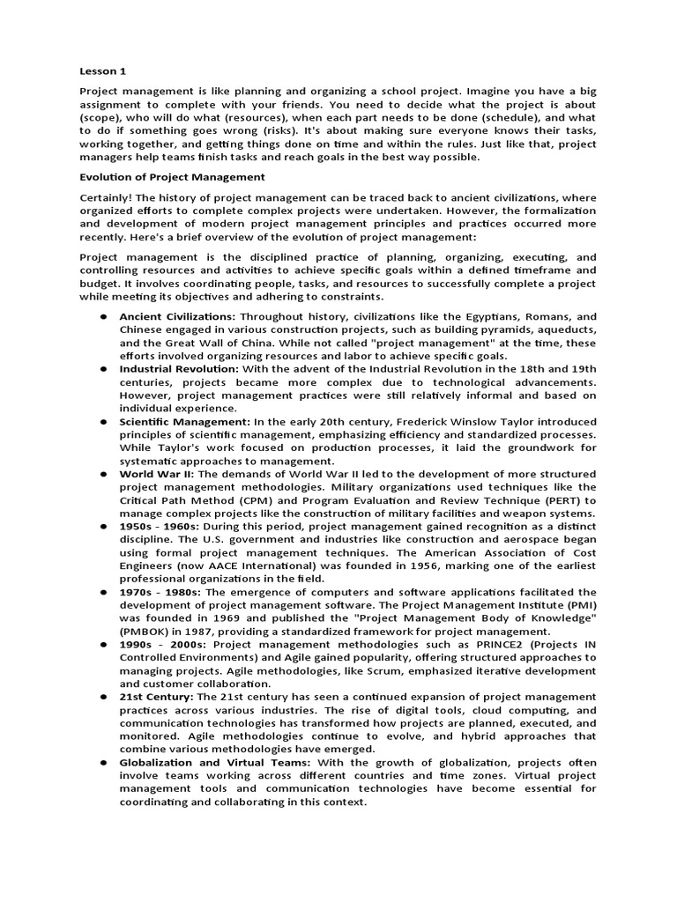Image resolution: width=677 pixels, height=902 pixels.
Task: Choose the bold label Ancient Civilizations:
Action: tap(177, 316)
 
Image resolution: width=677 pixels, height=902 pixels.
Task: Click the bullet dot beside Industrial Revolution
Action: tap(103, 368)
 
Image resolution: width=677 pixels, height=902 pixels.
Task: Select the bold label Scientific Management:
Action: tap(185, 421)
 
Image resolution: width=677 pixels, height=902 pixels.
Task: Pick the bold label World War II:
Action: tap(153, 474)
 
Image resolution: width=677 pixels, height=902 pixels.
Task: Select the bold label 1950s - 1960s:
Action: tap(160, 527)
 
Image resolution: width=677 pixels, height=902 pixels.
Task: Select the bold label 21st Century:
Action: tap(157, 697)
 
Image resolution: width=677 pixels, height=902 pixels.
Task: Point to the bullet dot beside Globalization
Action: tap(103, 763)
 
